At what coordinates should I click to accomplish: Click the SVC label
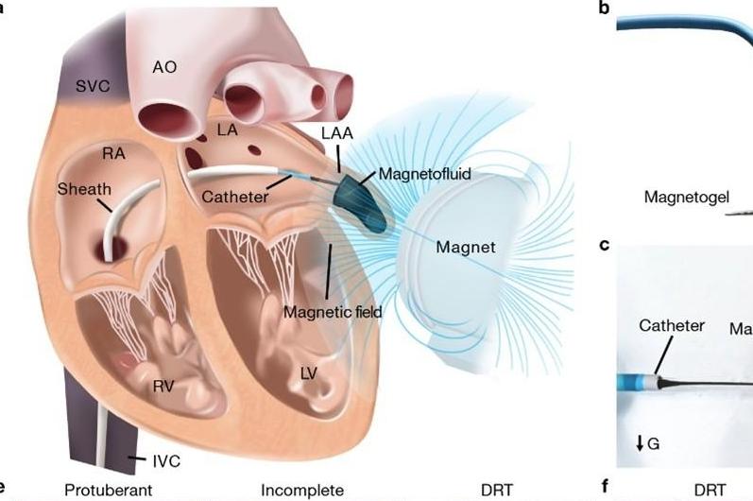[93, 86]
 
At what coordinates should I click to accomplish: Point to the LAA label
[336, 134]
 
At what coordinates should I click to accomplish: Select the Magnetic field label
[331, 310]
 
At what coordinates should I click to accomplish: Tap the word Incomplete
[302, 490]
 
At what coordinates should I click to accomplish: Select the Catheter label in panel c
[672, 326]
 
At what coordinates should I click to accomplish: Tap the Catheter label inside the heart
[235, 197]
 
